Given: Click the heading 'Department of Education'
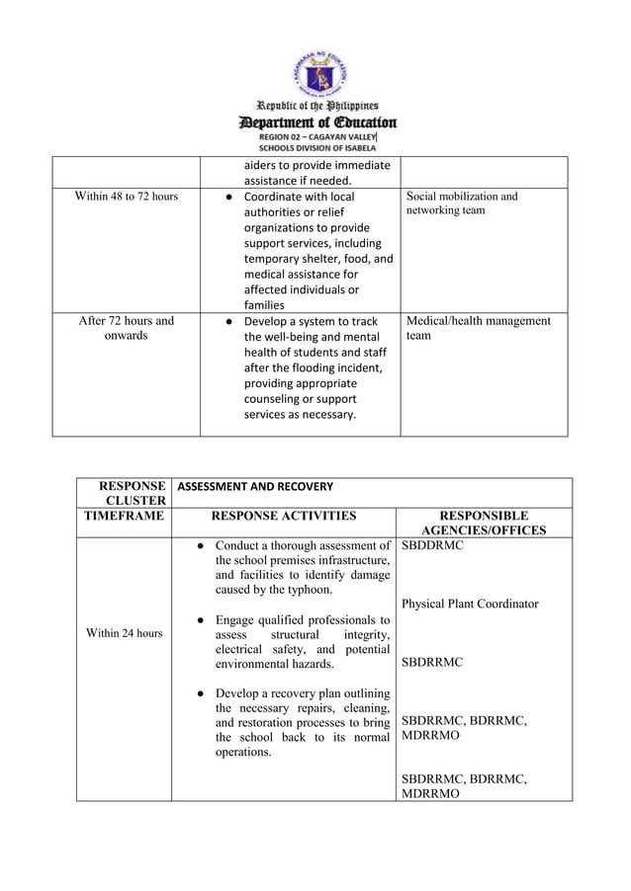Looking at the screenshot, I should click(x=316, y=122).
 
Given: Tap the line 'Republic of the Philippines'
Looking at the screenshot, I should click(x=316, y=106).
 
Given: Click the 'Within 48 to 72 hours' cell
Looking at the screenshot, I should click(x=127, y=197).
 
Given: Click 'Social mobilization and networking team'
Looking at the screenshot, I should click(x=462, y=203).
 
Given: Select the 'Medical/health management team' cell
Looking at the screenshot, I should click(x=478, y=328).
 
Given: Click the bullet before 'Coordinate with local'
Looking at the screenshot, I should click(x=228, y=197).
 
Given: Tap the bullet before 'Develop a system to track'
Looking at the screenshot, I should click(x=228, y=321).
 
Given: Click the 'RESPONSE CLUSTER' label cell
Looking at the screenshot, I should click(x=124, y=493).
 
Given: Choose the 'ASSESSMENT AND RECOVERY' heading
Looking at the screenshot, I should click(x=255, y=487).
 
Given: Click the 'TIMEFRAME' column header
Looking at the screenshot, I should click(x=124, y=516).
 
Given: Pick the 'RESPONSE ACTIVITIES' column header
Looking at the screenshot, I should click(x=285, y=516).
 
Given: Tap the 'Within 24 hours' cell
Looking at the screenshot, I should click(x=124, y=633).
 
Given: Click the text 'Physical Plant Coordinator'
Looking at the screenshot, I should click(x=470, y=604).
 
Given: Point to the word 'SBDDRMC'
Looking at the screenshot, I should click(x=432, y=545).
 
